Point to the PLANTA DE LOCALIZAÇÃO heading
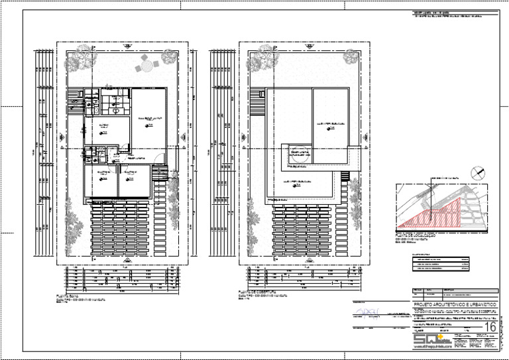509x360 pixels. [415, 235]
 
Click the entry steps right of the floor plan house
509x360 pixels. [159, 174]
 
